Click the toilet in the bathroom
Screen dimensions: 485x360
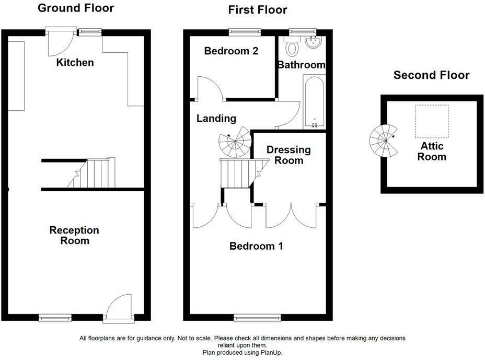[x=292, y=46]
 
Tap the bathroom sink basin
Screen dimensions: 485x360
[x=314, y=42]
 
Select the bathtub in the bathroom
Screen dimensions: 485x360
[x=314, y=101]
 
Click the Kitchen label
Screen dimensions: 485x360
[x=75, y=63]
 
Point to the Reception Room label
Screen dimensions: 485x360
[x=74, y=235]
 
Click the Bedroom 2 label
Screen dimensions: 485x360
[x=231, y=51]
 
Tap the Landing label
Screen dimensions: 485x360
[x=216, y=118]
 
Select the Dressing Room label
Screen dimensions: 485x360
[x=288, y=155]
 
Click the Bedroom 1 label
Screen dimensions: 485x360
[x=256, y=246]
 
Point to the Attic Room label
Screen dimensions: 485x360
[x=432, y=151]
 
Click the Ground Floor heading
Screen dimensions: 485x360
[x=76, y=8]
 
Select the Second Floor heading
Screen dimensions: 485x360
[x=432, y=75]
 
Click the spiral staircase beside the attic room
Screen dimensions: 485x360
[x=384, y=141]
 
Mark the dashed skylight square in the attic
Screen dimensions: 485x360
[x=432, y=121]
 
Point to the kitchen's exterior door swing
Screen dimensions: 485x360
[x=61, y=42]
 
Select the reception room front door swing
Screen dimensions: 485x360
[x=119, y=308]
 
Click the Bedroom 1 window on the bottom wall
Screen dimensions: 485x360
[x=257, y=318]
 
